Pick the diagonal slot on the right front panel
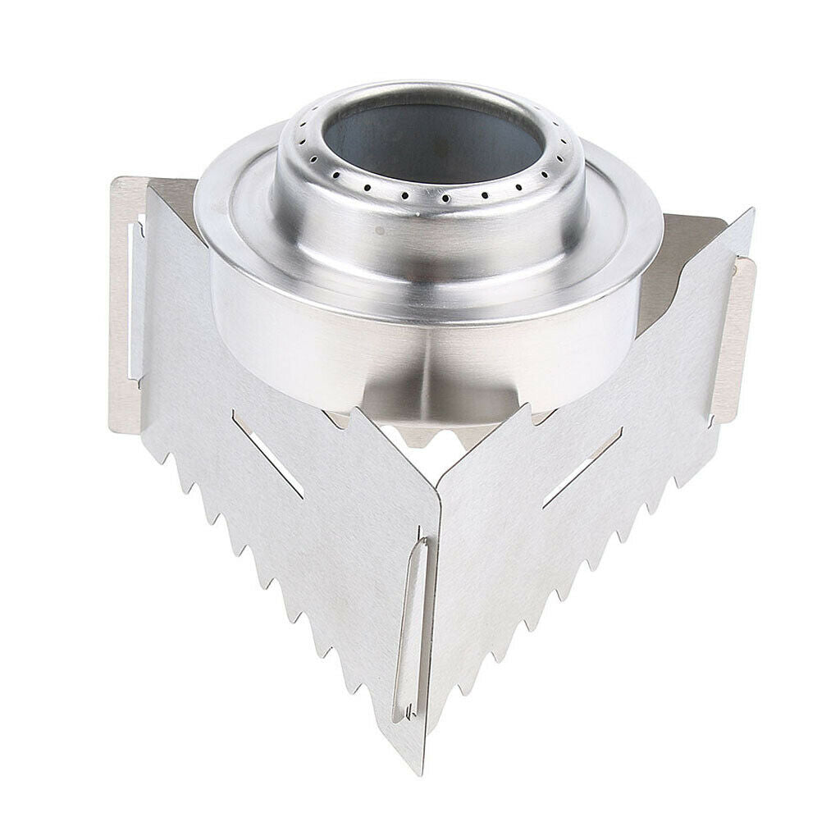[x=582, y=467]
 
